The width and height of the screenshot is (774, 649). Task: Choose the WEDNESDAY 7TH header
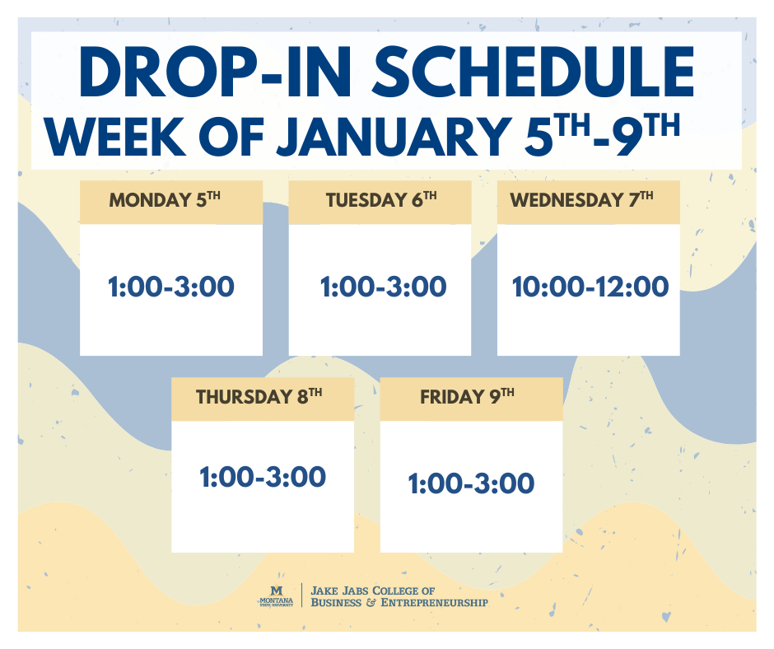pyautogui.click(x=581, y=200)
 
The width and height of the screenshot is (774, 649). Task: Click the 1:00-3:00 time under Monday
pyautogui.click(x=171, y=287)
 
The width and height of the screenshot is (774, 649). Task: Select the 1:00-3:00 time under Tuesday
pyautogui.click(x=383, y=287)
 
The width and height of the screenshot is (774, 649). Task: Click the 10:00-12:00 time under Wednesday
pyautogui.click(x=590, y=287)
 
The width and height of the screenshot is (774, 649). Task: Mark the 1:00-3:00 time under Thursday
pyautogui.click(x=263, y=477)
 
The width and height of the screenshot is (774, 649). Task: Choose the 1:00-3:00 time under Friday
pyautogui.click(x=471, y=483)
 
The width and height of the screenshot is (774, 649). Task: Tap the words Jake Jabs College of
pyautogui.click(x=372, y=591)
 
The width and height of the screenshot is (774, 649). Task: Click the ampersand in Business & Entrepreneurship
pyautogui.click(x=371, y=603)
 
